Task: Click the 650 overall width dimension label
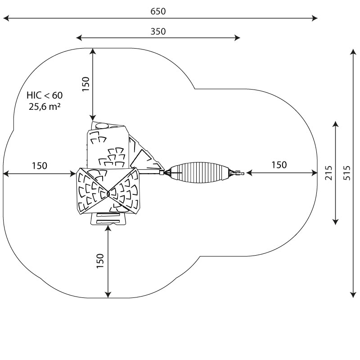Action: click(158, 11)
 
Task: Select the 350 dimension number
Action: click(158, 31)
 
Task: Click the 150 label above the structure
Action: click(86, 84)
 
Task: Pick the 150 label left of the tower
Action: click(39, 166)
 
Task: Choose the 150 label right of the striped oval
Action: click(279, 165)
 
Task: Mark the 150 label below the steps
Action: click(100, 261)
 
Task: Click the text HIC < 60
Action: click(45, 95)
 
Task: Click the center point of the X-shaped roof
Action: click(108, 194)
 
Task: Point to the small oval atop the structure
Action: click(102, 126)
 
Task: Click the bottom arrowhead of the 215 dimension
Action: click(335, 223)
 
